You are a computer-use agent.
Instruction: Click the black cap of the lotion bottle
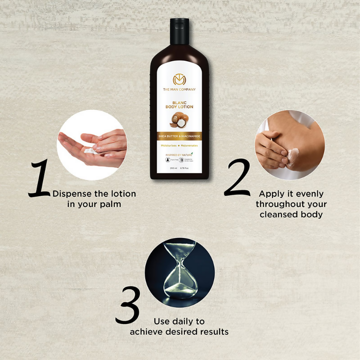click(x=179, y=28)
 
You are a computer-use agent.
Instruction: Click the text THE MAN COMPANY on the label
click(x=179, y=90)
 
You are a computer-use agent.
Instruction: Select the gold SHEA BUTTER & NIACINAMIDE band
click(x=179, y=136)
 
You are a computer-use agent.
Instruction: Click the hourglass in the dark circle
click(x=180, y=272)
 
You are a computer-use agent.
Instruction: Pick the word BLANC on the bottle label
click(x=179, y=103)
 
